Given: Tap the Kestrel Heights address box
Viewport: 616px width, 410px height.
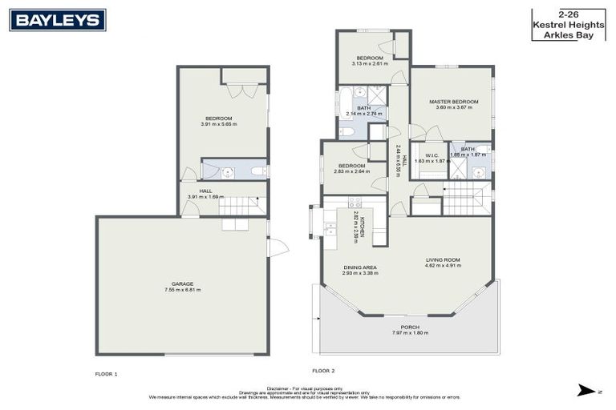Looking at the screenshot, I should click(563, 24).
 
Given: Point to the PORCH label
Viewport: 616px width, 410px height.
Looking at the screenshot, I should click(409, 327).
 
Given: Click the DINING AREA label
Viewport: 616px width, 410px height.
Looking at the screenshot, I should click(360, 267).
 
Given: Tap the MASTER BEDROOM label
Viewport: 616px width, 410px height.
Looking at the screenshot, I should click(453, 102).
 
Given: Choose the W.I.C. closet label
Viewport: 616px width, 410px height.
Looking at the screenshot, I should click(431, 155).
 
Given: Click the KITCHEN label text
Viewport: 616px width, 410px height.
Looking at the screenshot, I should click(362, 227).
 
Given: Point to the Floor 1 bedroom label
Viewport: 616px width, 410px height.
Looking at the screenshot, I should click(218, 118).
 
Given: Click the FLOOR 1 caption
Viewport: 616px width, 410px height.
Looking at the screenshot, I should click(106, 374).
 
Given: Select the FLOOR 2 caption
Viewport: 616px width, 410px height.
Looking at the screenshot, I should click(323, 371).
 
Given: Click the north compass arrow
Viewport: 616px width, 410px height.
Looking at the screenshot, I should click(586, 391).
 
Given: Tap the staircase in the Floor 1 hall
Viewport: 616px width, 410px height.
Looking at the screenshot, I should click(241, 207).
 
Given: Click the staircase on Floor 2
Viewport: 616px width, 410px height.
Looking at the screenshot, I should click(466, 199).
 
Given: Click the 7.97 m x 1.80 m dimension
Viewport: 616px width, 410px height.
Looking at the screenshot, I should click(409, 333).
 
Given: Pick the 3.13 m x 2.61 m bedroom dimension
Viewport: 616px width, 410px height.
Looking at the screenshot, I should click(370, 63).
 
